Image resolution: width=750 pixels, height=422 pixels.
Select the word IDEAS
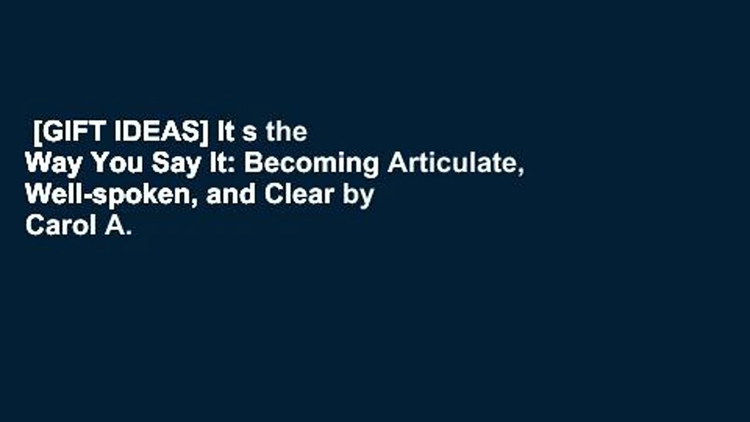(156, 132)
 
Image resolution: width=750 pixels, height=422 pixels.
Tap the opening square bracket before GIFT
(37, 133)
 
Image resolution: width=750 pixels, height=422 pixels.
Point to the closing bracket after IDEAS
(203, 133)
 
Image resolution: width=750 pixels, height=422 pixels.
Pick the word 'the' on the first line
(287, 132)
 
